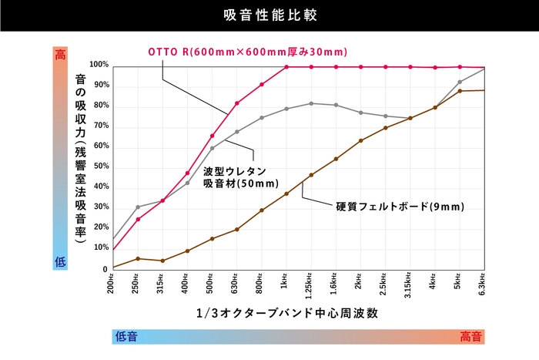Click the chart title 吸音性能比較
coord(269,15)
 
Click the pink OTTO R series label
coord(248,52)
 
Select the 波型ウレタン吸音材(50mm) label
coord(235,177)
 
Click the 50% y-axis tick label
coord(100,167)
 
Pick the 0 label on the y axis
coord(105,269)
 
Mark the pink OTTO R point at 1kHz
coord(286,67)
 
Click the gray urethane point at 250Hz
coord(138,207)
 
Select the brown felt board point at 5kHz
coord(460,91)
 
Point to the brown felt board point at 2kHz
coord(360,140)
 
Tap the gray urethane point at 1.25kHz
coord(311,103)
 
